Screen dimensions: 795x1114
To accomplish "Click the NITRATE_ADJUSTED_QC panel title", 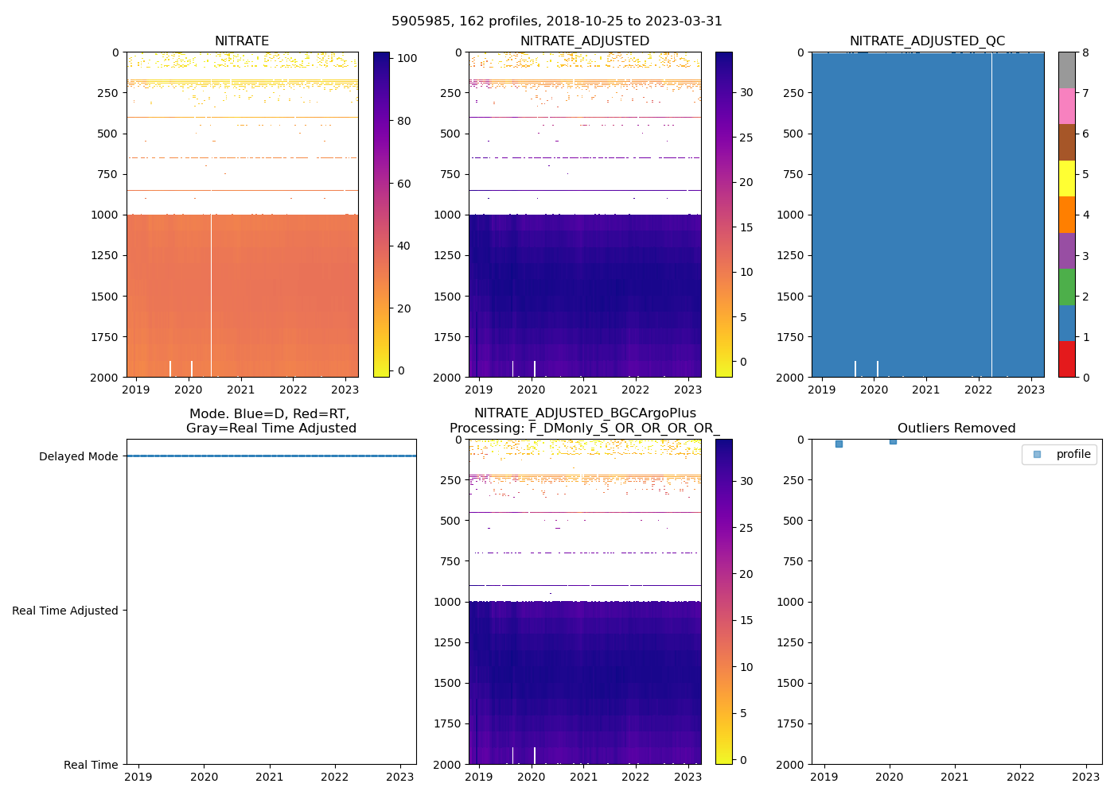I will (927, 41).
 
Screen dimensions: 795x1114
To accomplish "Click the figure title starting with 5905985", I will (557, 21).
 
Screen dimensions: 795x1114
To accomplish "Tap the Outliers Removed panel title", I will (956, 429).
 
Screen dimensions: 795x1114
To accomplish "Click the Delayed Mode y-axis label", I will (78, 456).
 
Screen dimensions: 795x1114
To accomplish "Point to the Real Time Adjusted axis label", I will (64, 611).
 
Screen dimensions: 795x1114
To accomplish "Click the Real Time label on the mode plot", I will (91, 765).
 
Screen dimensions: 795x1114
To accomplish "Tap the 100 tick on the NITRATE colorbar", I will (407, 58).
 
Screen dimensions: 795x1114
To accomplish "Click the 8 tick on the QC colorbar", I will (1085, 52).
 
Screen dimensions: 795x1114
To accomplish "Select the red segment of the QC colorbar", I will (1067, 359).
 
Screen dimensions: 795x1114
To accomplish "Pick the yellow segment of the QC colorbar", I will (1067, 178).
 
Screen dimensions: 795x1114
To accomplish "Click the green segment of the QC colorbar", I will (1067, 286).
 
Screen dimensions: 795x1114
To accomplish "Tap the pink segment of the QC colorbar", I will (1067, 106).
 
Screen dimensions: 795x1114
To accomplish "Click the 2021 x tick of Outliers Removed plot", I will (955, 777).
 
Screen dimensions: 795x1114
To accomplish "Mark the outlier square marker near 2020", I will (893, 440).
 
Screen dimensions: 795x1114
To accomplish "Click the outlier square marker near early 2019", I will (839, 444).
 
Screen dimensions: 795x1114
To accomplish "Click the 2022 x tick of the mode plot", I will (335, 777).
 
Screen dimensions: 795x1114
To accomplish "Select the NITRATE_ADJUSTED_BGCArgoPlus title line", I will (585, 413).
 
